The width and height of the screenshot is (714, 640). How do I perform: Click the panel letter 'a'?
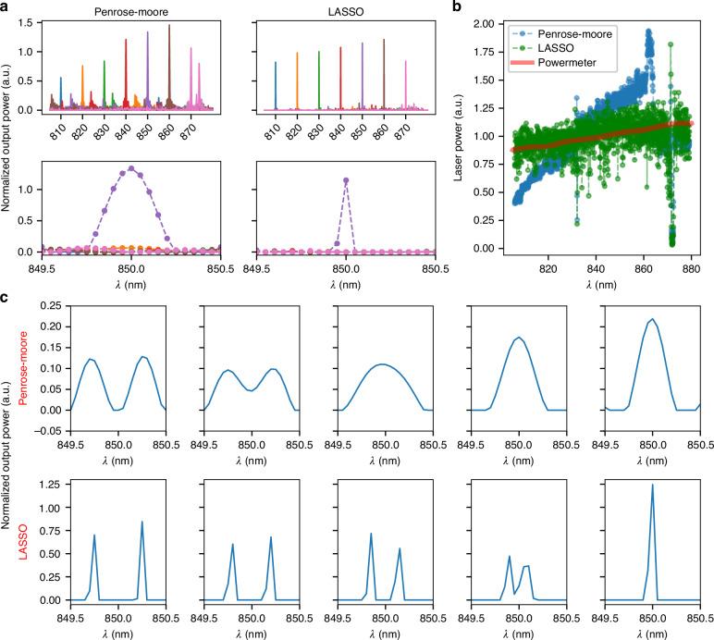(6, 7)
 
